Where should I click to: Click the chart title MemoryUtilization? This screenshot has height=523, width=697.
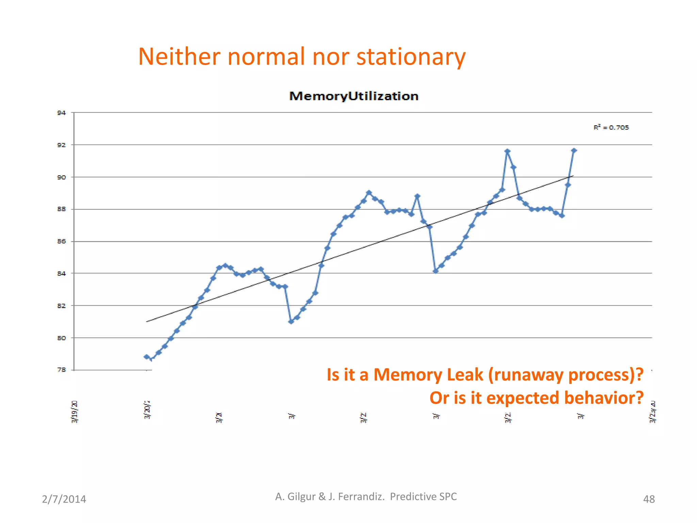[354, 96]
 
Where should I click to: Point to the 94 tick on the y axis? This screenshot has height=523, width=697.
[61, 113]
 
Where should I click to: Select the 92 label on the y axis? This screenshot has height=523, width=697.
[61, 145]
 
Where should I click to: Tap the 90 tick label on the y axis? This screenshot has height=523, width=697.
[61, 177]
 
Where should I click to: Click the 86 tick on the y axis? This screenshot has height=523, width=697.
[61, 241]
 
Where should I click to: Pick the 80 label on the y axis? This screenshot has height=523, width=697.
[61, 338]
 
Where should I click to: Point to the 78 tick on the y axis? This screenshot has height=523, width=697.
[61, 370]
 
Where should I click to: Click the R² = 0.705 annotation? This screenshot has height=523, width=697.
[611, 128]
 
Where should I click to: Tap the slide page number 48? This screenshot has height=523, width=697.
[649, 499]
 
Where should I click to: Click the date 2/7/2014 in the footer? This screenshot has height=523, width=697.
[64, 499]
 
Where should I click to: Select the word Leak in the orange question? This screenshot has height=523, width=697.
[465, 375]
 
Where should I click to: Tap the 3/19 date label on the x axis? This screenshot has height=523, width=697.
[75, 412]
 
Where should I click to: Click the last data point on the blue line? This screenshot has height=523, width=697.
[574, 150]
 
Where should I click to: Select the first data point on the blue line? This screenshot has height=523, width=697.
[147, 357]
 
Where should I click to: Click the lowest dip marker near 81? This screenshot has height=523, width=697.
[291, 321]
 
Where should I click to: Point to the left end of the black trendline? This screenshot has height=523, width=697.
[147, 321]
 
